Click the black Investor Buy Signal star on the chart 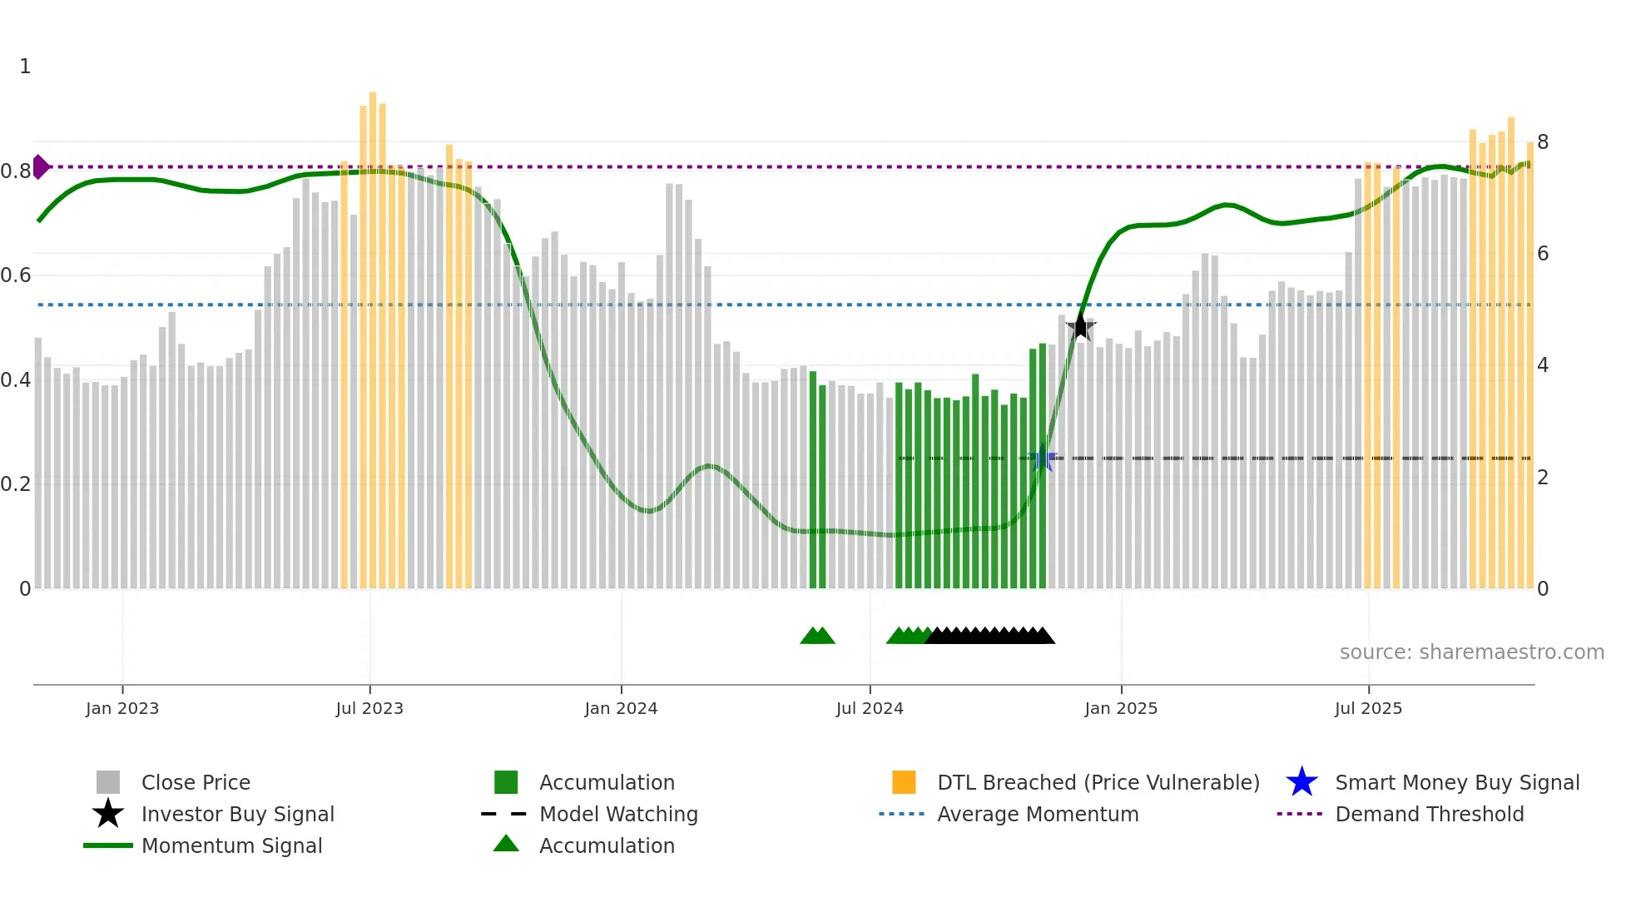(x=1080, y=327)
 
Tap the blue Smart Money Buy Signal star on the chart (x=1042, y=458)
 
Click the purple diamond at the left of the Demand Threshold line (x=40, y=166)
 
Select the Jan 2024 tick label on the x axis (x=621, y=708)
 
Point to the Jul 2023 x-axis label (x=369, y=708)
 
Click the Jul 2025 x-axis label (x=1368, y=708)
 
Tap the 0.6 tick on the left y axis (x=16, y=275)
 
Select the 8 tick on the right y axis (x=1543, y=142)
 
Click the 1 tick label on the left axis (x=25, y=67)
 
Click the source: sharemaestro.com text (x=1471, y=652)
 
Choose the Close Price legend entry (x=196, y=782)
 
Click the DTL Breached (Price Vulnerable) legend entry (x=1098, y=782)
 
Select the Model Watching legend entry (x=617, y=814)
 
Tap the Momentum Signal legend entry (x=231, y=845)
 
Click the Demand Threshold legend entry (x=1429, y=814)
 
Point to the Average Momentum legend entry (x=1037, y=814)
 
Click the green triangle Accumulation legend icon (x=506, y=845)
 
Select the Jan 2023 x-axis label (x=122, y=708)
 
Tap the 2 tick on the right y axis (x=1543, y=478)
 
